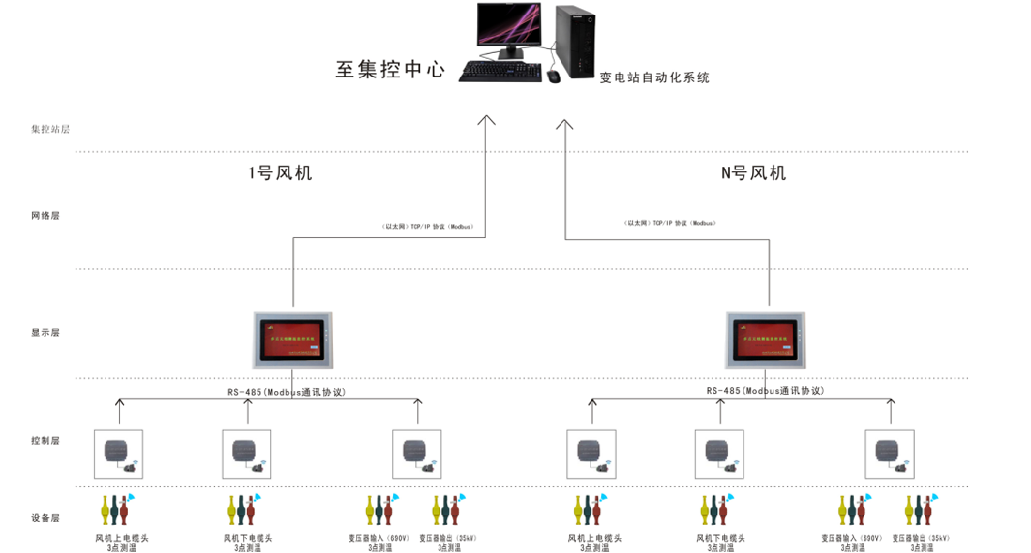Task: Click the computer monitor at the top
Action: pos(508,28)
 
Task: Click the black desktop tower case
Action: pos(576,41)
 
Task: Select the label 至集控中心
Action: pos(390,70)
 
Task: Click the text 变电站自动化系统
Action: pos(654,77)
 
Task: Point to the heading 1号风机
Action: pos(280,173)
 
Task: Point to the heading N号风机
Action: pos(753,173)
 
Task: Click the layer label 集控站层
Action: pos(49,129)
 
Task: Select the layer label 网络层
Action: pos(45,215)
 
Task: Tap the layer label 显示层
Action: pos(45,332)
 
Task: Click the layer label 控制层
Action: pos(45,440)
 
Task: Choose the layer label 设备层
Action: pos(45,518)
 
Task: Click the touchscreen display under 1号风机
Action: pos(292,340)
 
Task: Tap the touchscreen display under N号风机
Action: pos(766,340)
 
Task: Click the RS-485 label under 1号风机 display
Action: pos(287,392)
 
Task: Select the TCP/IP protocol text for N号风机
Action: pos(670,223)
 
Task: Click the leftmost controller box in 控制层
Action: pos(118,454)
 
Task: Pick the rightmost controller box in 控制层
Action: pos(889,454)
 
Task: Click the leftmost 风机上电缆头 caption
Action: pos(121,538)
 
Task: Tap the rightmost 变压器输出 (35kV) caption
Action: pos(920,538)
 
